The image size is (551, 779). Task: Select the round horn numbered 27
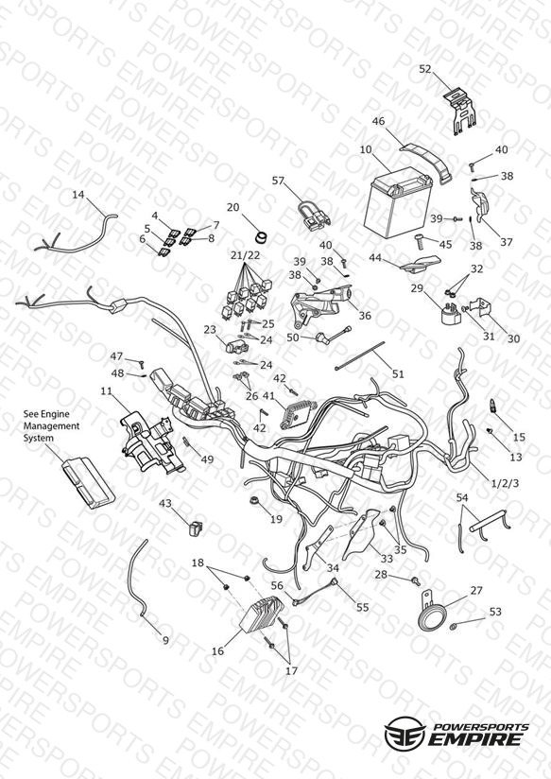coord(431,612)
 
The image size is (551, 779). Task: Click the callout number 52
coord(424,69)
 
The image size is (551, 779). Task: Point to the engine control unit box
coord(88,483)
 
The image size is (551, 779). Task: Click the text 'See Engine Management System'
coord(52,425)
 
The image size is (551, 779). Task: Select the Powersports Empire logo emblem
coord(405,732)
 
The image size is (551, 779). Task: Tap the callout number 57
coord(278,181)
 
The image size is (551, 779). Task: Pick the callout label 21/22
coord(245,255)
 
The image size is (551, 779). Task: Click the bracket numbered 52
coord(460,113)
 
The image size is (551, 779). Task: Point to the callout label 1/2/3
coord(505,482)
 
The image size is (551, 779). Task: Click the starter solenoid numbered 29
coord(450,312)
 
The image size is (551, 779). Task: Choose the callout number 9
coord(166,640)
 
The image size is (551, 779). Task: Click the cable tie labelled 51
coord(360,355)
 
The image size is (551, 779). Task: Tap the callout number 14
coord(78,194)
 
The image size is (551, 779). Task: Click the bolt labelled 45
coord(420,244)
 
